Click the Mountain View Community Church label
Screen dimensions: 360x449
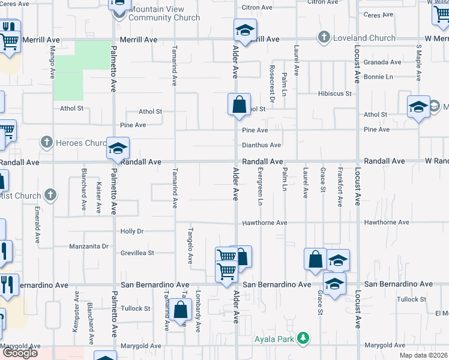pyautogui.click(x=156, y=14)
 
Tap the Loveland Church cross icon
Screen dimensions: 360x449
pyautogui.click(x=324, y=38)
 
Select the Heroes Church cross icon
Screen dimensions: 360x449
pyautogui.click(x=46, y=143)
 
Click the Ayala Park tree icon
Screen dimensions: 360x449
pyautogui.click(x=304, y=338)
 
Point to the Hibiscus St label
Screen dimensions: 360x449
pyautogui.click(x=334, y=94)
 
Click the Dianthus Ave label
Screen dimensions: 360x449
pyautogui.click(x=262, y=145)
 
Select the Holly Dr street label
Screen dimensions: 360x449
pyautogui.click(x=132, y=231)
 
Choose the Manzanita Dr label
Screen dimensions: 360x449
pyautogui.click(x=88, y=246)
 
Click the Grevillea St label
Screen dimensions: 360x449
pyautogui.click(x=137, y=253)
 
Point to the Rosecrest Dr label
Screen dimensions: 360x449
pyautogui.click(x=272, y=84)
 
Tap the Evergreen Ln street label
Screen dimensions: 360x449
pyautogui.click(x=261, y=186)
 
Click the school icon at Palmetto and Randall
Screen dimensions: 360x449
pyautogui.click(x=118, y=148)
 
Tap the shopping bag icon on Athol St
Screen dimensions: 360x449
pyautogui.click(x=239, y=104)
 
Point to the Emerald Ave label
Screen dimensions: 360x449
pyautogui.click(x=37, y=225)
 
